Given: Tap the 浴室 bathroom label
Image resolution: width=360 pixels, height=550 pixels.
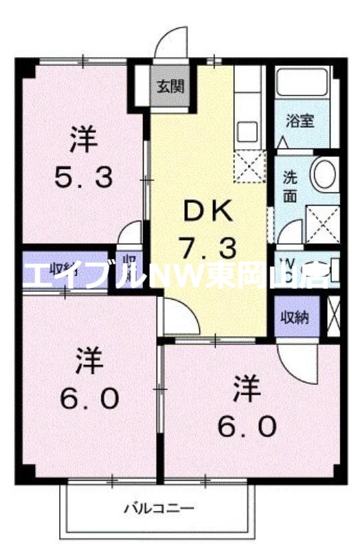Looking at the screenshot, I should click(300, 121).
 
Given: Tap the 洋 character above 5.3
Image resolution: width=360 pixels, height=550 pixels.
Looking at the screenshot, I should click(84, 142).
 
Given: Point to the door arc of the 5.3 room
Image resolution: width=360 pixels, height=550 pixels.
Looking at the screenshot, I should click(131, 234).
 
